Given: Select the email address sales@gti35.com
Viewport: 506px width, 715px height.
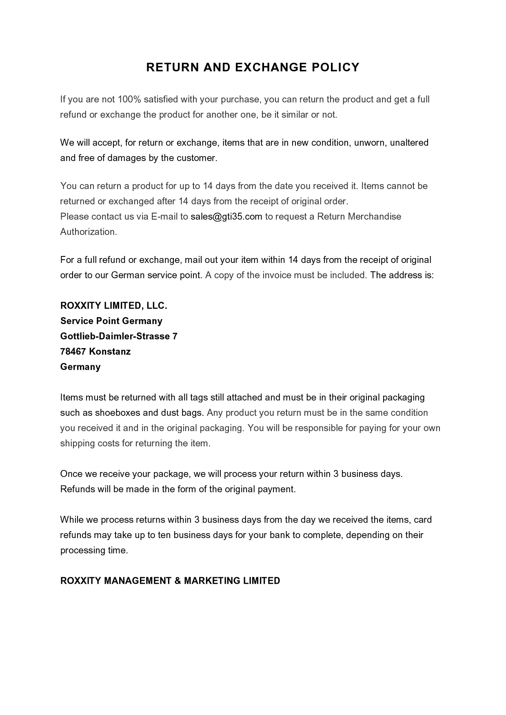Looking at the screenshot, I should click(x=226, y=216).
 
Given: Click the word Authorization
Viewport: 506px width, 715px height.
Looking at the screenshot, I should click(x=89, y=232).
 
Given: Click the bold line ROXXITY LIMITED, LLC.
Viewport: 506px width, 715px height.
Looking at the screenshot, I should click(x=114, y=306).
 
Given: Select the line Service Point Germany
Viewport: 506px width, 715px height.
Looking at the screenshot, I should click(x=111, y=321).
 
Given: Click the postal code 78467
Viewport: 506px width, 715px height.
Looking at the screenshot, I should click(x=73, y=351).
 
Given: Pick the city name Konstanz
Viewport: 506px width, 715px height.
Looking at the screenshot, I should click(x=110, y=351).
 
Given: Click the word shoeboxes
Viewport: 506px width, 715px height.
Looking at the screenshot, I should click(x=117, y=413).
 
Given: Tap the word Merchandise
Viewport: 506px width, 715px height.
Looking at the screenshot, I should click(x=374, y=216).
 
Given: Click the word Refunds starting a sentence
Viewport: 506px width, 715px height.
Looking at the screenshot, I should click(x=77, y=489).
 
